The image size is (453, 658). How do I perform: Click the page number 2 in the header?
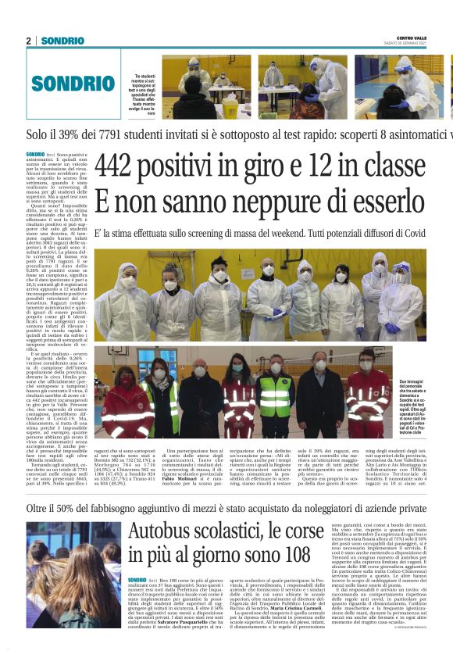(29, 41)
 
